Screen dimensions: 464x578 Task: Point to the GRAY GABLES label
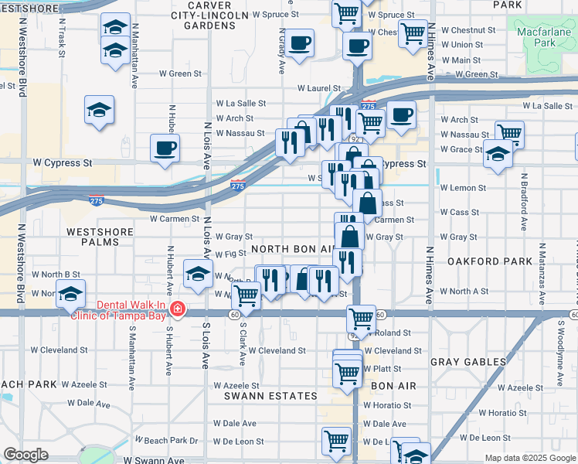[x=468, y=362]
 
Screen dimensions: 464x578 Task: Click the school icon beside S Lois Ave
[x=199, y=274]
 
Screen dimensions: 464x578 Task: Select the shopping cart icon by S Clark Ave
[x=246, y=294]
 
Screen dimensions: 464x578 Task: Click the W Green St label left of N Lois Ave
[x=180, y=74]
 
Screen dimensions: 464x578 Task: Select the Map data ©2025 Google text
[x=529, y=458]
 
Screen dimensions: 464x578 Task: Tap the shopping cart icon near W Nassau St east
[x=509, y=132]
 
